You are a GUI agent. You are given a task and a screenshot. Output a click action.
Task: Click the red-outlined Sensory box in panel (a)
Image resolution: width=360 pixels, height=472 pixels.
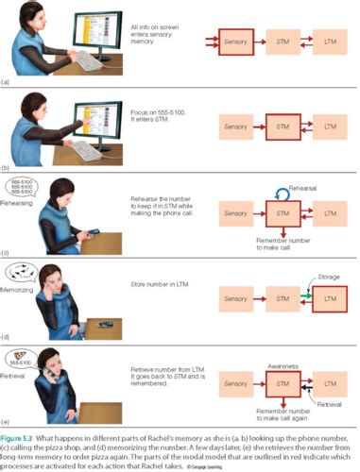tap(236, 42)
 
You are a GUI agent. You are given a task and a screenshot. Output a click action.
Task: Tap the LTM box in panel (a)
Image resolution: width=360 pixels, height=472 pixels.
tap(330, 42)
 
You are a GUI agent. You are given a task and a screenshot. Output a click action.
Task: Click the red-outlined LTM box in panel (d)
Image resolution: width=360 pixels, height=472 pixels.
tap(330, 300)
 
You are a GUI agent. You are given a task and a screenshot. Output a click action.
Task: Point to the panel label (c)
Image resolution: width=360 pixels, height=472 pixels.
tap(7, 252)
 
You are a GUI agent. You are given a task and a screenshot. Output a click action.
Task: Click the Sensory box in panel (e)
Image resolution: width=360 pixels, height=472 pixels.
tap(236, 384)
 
